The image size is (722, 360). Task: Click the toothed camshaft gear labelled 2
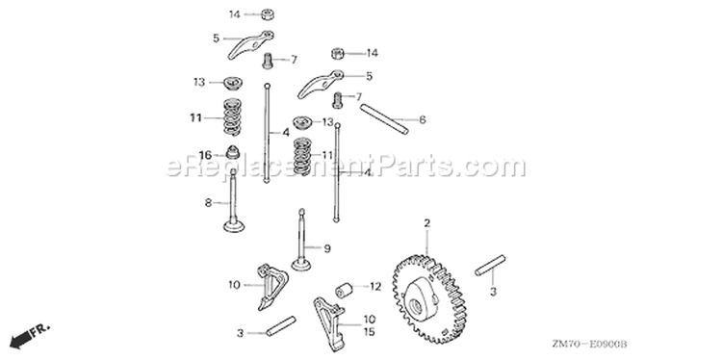pyautogui.click(x=428, y=299)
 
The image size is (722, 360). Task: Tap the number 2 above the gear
pyautogui.click(x=426, y=223)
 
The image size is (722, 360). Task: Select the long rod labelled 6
pyautogui.click(x=384, y=119)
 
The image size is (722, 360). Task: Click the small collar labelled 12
pyautogui.click(x=344, y=291)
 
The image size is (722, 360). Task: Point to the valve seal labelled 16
pyautogui.click(x=233, y=152)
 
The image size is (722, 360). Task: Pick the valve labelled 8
pyautogui.click(x=234, y=201)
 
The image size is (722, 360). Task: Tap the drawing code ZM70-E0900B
pyautogui.click(x=590, y=344)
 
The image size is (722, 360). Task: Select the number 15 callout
pyautogui.click(x=369, y=332)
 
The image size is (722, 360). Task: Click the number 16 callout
pyautogui.click(x=205, y=155)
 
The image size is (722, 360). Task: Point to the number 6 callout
pyautogui.click(x=423, y=119)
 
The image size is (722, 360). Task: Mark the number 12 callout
pyautogui.click(x=375, y=287)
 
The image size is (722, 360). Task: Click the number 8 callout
pyautogui.click(x=209, y=202)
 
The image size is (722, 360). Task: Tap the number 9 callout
pyautogui.click(x=327, y=248)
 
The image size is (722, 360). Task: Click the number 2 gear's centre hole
pyautogui.click(x=413, y=304)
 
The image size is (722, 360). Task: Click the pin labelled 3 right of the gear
pyautogui.click(x=490, y=265)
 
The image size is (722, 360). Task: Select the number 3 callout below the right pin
pyautogui.click(x=493, y=292)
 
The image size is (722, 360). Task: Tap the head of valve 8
pyautogui.click(x=234, y=226)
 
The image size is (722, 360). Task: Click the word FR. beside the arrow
pyautogui.click(x=40, y=330)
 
